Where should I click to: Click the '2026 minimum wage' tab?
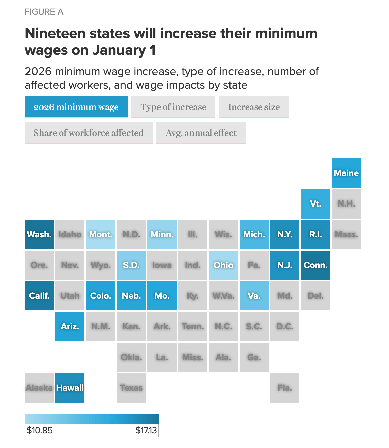pyautogui.click(x=76, y=107)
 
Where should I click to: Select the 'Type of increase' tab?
pyautogui.click(x=173, y=107)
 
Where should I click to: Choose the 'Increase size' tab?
pyautogui.click(x=254, y=107)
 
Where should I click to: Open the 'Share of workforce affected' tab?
pyautogui.click(x=89, y=133)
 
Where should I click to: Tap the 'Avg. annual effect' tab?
pyautogui.click(x=201, y=133)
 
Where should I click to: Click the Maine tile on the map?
pyautogui.click(x=346, y=173)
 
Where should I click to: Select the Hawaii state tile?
pyautogui.click(x=70, y=388)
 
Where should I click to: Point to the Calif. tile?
pyautogui.click(x=39, y=296)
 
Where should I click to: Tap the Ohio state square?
pyautogui.click(x=223, y=265)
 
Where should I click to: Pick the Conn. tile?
pyautogui.click(x=315, y=265)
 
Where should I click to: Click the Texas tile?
pyautogui.click(x=131, y=388)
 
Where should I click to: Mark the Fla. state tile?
pyautogui.click(x=285, y=388)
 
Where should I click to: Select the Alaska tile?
pyautogui.click(x=39, y=388)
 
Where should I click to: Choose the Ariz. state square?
pyautogui.click(x=70, y=326)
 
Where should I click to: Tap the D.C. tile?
pyautogui.click(x=285, y=326)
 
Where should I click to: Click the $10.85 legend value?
pyautogui.click(x=40, y=431)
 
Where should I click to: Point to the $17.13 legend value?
pyautogui.click(x=146, y=431)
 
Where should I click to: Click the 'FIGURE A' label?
pyautogui.click(x=44, y=12)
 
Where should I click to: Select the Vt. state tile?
pyautogui.click(x=315, y=203)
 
